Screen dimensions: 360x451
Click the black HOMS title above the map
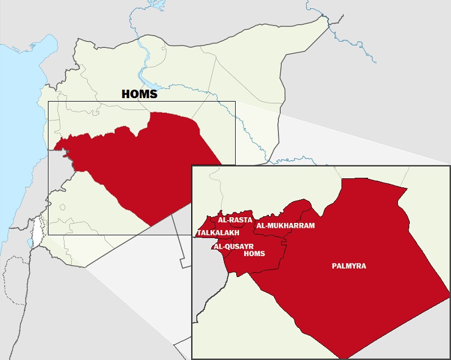[x=140, y=94]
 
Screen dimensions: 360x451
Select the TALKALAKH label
[x=218, y=232]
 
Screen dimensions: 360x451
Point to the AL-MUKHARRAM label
[x=285, y=226]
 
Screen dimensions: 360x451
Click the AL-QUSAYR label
[x=233, y=246]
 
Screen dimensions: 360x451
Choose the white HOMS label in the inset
[x=254, y=253]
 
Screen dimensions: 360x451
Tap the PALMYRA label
[x=349, y=266]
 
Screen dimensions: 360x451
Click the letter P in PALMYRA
[x=334, y=266]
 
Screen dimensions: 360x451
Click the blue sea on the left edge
[x=17, y=141]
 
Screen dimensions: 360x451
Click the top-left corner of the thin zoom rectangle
[x=48, y=102]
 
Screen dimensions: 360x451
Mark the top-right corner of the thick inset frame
[x=449, y=166]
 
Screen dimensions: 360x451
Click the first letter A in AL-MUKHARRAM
[x=259, y=226]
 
